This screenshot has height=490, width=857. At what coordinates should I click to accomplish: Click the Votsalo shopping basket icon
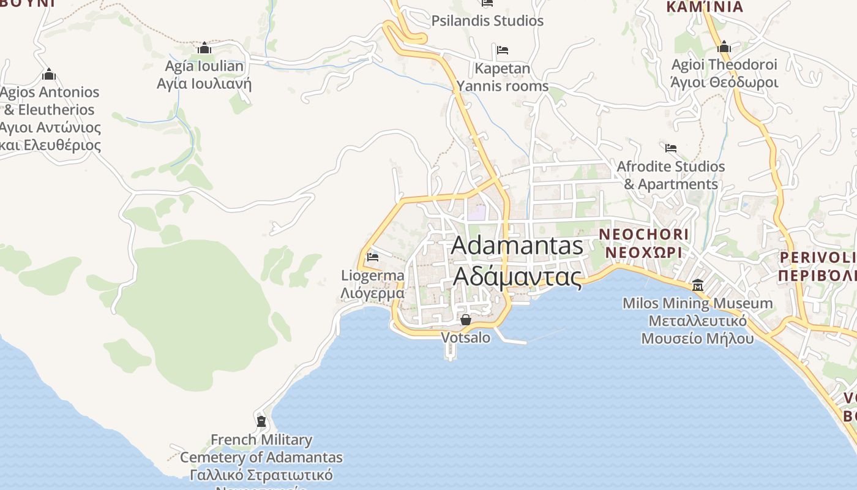click(x=466, y=320)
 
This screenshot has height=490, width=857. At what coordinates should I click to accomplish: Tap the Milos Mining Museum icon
click(x=697, y=285)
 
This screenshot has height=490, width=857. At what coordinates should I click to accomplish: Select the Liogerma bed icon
click(x=372, y=257)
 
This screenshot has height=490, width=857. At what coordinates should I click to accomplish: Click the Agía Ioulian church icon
click(x=204, y=48)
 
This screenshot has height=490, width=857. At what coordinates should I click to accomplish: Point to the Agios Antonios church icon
click(x=49, y=75)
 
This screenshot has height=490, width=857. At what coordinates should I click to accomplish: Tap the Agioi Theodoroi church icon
click(x=724, y=47)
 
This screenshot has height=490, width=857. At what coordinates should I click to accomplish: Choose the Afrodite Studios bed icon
click(x=671, y=148)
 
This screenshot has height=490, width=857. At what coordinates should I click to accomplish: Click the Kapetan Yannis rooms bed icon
click(x=503, y=50)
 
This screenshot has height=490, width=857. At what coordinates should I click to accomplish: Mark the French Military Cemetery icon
click(x=261, y=421)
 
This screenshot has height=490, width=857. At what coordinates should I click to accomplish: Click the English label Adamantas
click(x=517, y=246)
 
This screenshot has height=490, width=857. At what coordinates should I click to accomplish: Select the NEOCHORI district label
click(x=643, y=234)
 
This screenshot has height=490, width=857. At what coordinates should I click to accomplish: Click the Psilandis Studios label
click(x=487, y=21)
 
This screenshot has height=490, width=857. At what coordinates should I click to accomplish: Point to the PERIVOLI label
click(x=817, y=257)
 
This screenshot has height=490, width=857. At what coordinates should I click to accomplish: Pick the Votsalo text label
click(x=466, y=337)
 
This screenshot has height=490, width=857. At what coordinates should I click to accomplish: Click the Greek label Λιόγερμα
click(x=372, y=293)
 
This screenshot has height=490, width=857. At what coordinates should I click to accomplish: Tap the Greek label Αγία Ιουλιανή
click(x=204, y=84)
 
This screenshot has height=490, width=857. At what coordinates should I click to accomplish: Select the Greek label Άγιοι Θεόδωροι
click(x=724, y=82)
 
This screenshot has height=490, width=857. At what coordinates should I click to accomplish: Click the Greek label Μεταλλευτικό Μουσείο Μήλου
click(x=697, y=330)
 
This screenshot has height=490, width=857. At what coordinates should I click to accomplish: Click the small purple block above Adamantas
click(x=477, y=213)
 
